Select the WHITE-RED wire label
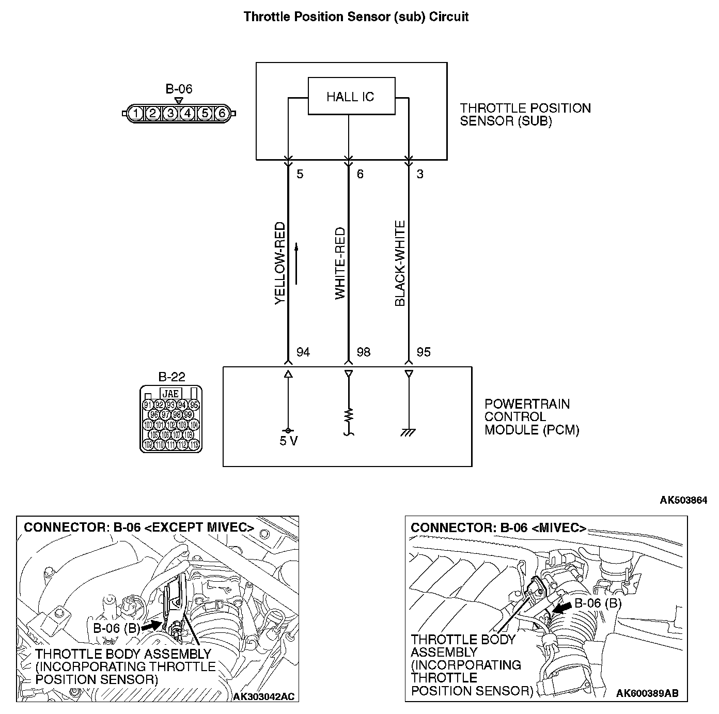tap(339, 263)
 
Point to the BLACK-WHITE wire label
tap(400, 263)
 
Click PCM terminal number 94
tap(303, 352)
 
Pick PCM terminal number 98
tap(364, 352)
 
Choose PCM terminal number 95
tap(424, 352)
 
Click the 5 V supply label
tap(288, 442)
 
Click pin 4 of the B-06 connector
tap(188, 113)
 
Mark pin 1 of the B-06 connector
tap(135, 113)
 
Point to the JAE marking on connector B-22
tap(171, 394)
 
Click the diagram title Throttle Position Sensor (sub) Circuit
tap(356, 17)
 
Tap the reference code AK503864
tap(683, 500)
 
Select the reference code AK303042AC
tap(263, 696)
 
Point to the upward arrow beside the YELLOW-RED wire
tap(296, 263)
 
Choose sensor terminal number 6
tap(360, 174)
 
